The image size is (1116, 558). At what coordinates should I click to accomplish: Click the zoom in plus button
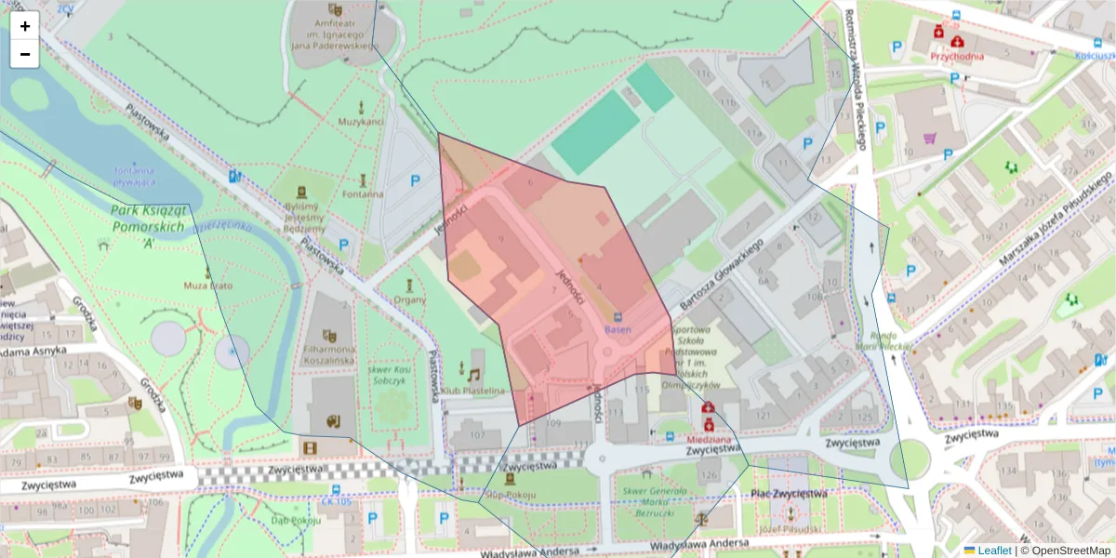click(25, 26)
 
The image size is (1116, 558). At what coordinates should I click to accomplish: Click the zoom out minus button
click(25, 54)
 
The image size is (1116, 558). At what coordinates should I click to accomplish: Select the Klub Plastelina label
click(474, 391)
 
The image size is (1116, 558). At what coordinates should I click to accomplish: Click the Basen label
click(618, 330)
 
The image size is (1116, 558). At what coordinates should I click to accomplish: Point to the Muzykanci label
click(361, 122)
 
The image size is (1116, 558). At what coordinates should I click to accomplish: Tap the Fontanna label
click(362, 194)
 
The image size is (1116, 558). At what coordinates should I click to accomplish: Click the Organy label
click(409, 299)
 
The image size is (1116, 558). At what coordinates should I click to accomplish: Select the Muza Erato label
click(207, 286)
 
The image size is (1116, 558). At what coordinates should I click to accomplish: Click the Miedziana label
click(710, 438)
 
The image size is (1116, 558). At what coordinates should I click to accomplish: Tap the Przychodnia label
click(957, 56)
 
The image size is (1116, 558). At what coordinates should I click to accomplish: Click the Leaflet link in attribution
click(994, 551)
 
